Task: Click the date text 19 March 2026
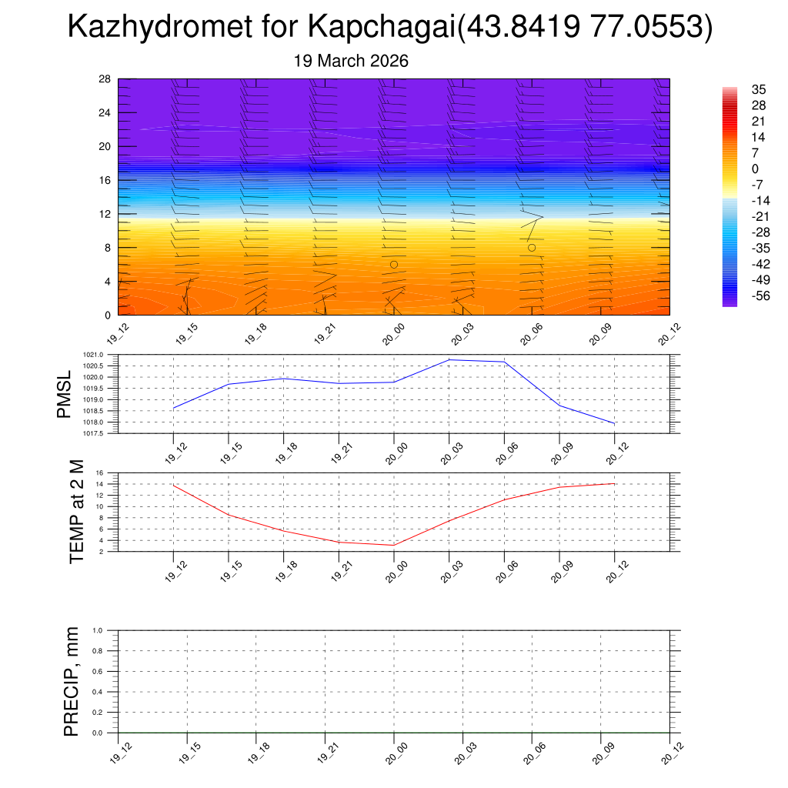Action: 351,61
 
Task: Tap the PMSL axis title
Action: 67,394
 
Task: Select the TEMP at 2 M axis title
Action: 76,512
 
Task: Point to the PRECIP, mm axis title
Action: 72,681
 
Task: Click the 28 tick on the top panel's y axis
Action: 105,79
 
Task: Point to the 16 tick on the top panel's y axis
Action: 105,180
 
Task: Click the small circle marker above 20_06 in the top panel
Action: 532,248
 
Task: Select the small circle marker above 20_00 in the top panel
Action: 394,265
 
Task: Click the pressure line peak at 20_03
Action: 449,360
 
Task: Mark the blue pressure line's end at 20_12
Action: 614,423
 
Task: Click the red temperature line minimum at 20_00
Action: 394,546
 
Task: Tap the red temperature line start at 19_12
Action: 174,486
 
